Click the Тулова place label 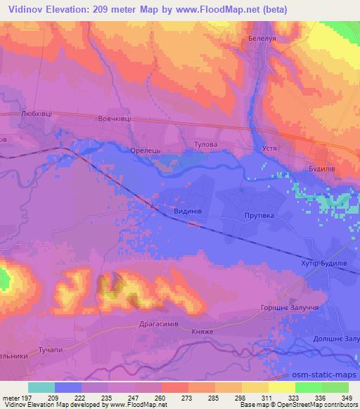[206, 145]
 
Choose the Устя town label [271, 149]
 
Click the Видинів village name [188, 209]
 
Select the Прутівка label [258, 216]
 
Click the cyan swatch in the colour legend [41, 387]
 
